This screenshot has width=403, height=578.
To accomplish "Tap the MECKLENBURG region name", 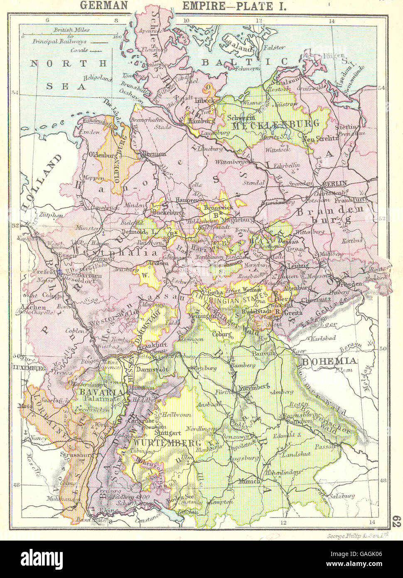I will (276, 124).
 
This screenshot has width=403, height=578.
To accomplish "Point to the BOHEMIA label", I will (329, 361).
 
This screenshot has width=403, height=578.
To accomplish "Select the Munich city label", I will (249, 481).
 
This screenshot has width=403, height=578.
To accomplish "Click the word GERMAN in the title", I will (104, 6).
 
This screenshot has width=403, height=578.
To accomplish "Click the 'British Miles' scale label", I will (69, 30).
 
